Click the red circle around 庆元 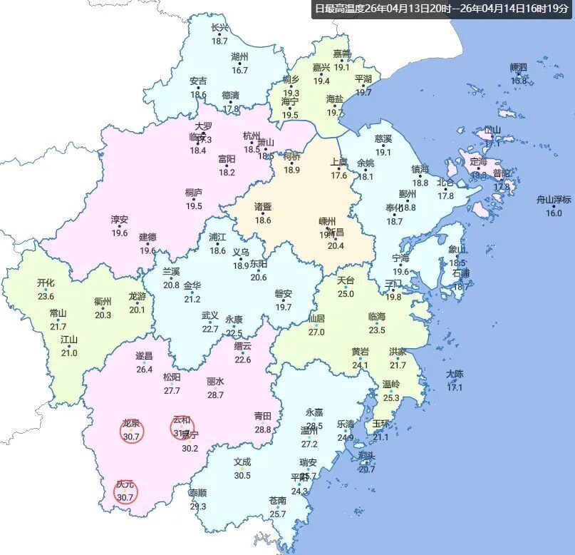pyautogui.click(x=126, y=492)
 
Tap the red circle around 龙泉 pyautogui.click(x=132, y=431)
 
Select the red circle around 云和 pyautogui.click(x=182, y=427)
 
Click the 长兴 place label pyautogui.click(x=220, y=28)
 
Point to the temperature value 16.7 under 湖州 pyautogui.click(x=239, y=70)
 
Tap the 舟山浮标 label pyautogui.click(x=554, y=200)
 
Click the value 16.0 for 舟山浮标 pyautogui.click(x=554, y=213)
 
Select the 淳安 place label pyautogui.click(x=119, y=220)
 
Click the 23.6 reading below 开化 pyautogui.click(x=46, y=296)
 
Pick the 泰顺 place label pyautogui.click(x=198, y=493)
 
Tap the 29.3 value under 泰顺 pyautogui.click(x=198, y=506)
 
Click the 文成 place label pyautogui.click(x=242, y=462)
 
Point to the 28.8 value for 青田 pyautogui.click(x=263, y=429)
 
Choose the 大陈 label pyautogui.click(x=455, y=374)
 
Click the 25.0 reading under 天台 pyautogui.click(x=346, y=293)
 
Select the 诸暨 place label pyautogui.click(x=263, y=207)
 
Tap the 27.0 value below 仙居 pyautogui.click(x=316, y=332)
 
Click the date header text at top pyautogui.click(x=442, y=9)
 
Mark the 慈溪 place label pyautogui.click(x=383, y=139)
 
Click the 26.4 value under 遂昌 pyautogui.click(x=145, y=369)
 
